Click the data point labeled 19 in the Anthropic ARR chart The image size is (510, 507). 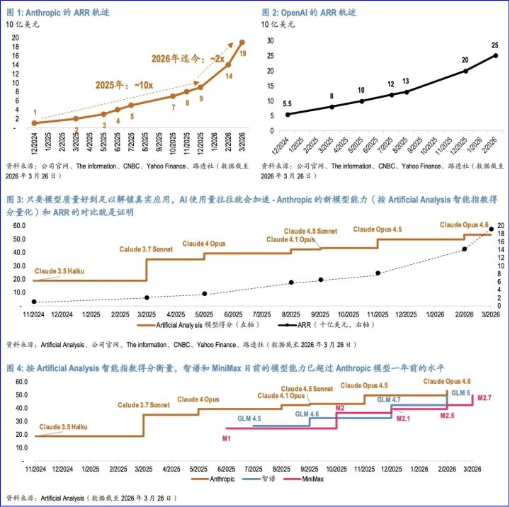(242, 42)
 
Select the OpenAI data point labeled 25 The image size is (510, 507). (496, 56)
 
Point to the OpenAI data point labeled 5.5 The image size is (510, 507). (288, 115)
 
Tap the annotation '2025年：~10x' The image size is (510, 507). (124, 85)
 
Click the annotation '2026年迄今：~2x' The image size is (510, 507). (188, 59)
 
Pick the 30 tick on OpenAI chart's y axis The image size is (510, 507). (271, 40)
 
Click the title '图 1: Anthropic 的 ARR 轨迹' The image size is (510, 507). (58, 12)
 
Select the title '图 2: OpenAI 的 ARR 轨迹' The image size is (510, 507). (309, 12)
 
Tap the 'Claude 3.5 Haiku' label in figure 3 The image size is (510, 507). (59, 271)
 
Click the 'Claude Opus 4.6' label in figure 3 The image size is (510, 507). (464, 224)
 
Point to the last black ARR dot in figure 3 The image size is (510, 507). (491, 229)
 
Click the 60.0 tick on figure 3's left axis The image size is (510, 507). (19, 225)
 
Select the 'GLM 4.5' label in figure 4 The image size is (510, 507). (249, 418)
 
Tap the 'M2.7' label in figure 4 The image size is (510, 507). (484, 398)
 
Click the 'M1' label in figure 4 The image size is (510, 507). (227, 439)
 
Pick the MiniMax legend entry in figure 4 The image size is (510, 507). (303, 479)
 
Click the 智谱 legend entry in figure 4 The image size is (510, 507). (259, 479)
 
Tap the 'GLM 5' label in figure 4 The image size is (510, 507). (460, 393)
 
